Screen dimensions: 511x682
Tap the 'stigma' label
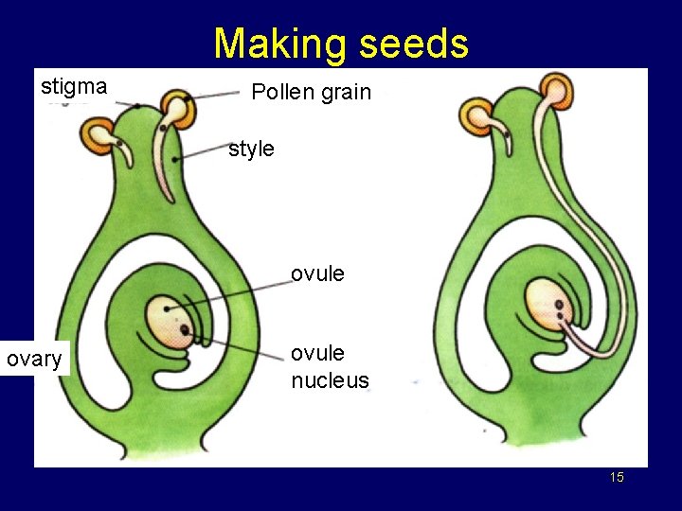pos(74,87)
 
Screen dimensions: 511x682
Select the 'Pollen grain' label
pos(311,92)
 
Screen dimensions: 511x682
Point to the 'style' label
pos(251,149)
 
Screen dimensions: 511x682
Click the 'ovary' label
pos(34,359)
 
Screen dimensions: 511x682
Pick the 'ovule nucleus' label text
pos(330,367)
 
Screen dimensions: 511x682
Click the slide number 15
pos(617,478)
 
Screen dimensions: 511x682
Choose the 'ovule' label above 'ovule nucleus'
pos(317,274)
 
